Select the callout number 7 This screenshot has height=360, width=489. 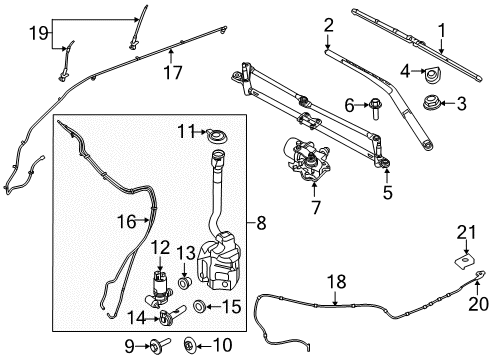[315, 208]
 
